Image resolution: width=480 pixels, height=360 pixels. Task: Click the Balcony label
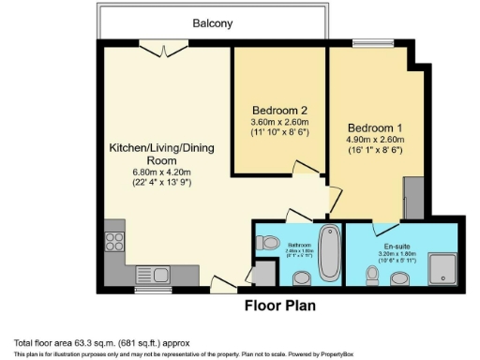point(213,22)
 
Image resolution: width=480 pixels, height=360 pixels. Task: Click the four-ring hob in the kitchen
point(115,242)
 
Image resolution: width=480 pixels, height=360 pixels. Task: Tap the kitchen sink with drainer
point(152,274)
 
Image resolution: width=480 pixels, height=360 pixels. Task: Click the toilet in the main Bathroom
point(271,242)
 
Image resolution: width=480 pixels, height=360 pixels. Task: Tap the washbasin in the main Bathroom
point(302,277)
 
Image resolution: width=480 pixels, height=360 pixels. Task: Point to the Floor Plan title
point(279,306)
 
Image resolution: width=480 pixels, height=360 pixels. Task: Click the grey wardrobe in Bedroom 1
point(410,196)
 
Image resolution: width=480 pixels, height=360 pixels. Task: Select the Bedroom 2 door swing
point(306,169)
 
